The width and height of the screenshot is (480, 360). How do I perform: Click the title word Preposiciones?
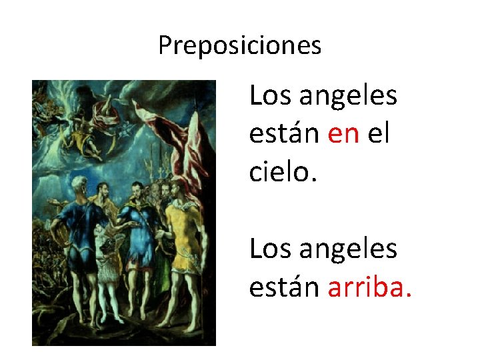(240, 46)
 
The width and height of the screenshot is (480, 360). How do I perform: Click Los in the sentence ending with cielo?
(270, 96)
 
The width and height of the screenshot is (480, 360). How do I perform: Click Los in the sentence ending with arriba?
(270, 249)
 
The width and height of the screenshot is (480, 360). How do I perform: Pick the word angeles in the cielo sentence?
(348, 97)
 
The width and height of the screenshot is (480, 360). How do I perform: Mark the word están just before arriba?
(285, 288)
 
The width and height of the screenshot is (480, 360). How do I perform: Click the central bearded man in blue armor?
(137, 233)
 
